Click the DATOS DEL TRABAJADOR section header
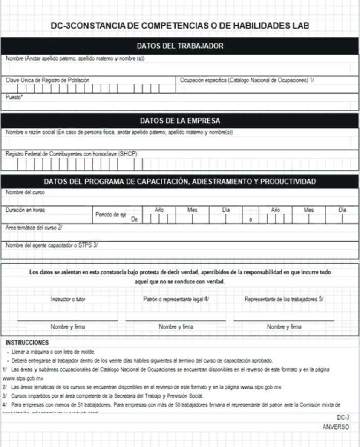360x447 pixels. click(180, 46)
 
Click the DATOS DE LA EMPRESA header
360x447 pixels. click(180, 121)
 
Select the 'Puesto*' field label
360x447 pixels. click(14, 97)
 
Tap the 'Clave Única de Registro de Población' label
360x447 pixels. click(48, 80)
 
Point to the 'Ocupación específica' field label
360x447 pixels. click(247, 80)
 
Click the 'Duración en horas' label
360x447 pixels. click(25, 210)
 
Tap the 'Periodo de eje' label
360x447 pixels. click(110, 215)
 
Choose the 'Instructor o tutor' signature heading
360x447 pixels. click(68, 299)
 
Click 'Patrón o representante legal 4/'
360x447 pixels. click(176, 299)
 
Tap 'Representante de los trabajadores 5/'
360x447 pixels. click(284, 299)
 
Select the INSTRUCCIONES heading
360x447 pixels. click(27, 343)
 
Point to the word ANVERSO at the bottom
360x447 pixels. click(336, 427)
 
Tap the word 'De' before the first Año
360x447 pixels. click(134, 219)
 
